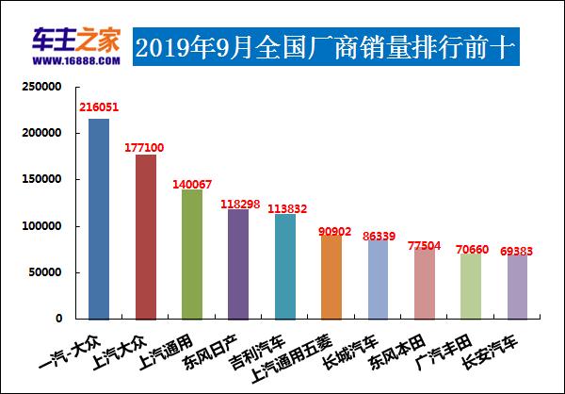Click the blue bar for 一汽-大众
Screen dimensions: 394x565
tap(99, 219)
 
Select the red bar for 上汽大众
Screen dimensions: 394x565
tap(146, 237)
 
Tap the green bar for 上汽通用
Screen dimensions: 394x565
tap(192, 254)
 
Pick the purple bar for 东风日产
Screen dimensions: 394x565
tap(238, 264)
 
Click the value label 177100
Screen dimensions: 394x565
tap(146, 147)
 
